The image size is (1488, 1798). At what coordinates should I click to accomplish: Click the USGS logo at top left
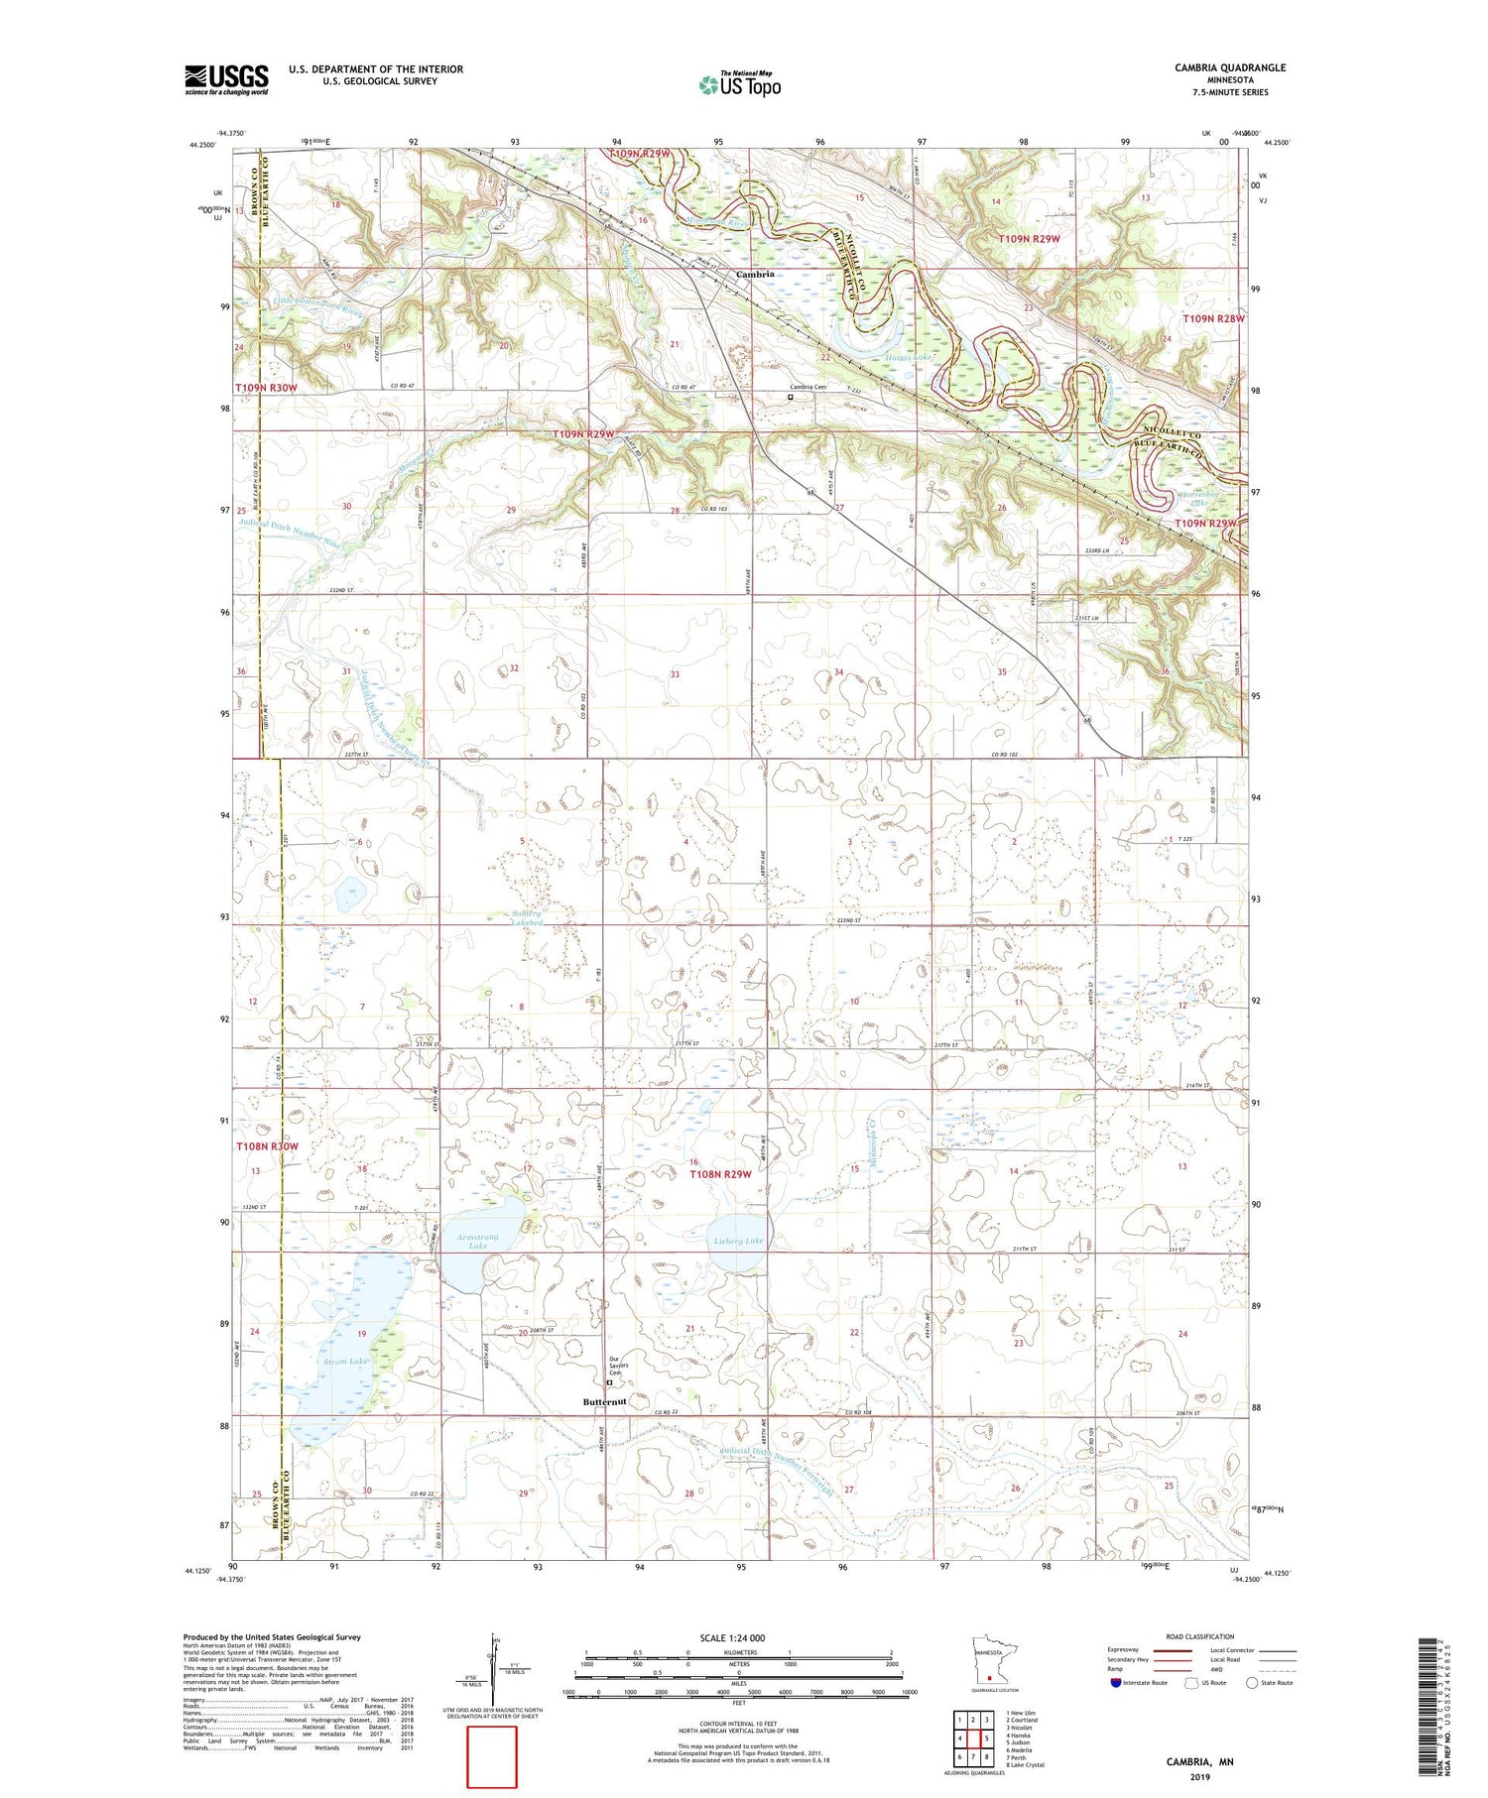point(226,79)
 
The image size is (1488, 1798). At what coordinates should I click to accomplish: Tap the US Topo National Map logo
point(740,84)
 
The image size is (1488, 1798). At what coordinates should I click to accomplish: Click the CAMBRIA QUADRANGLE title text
point(1230,67)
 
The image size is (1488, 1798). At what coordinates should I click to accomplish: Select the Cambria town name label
point(754,274)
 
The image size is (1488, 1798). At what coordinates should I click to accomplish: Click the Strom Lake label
point(344,1362)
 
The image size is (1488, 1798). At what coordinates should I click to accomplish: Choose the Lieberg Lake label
point(739,1241)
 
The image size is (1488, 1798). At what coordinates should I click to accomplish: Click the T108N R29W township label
point(721,1174)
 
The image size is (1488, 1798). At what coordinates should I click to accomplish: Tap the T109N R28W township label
point(1213,318)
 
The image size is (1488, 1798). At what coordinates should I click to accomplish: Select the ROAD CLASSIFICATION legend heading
point(1200,1636)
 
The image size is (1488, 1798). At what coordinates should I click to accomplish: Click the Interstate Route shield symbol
point(1116,1683)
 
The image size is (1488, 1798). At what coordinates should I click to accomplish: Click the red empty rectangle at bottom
point(492,1757)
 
